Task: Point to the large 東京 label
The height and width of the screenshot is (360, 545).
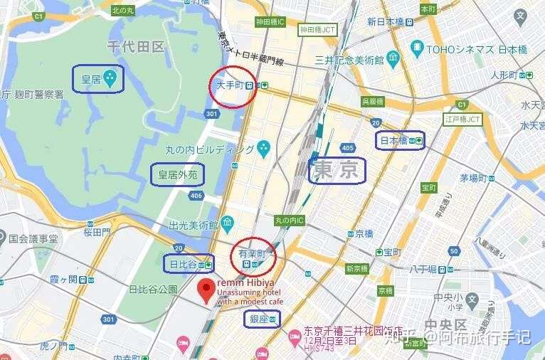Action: point(336,170)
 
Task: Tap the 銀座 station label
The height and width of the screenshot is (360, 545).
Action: point(260,319)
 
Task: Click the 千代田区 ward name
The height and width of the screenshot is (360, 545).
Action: point(135,48)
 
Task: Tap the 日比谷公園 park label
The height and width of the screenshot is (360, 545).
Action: point(152,290)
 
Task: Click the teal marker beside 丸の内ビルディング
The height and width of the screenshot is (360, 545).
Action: point(264,149)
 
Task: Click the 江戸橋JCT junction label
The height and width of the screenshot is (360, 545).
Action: point(463,120)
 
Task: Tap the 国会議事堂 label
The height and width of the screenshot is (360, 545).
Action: point(33,239)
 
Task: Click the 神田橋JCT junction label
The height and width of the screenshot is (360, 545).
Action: point(317,30)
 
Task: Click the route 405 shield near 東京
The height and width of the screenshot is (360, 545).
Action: point(348,148)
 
